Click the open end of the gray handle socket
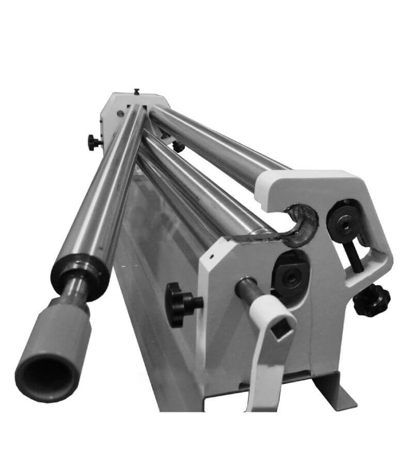click(x=44, y=374)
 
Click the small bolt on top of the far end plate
click(x=136, y=91)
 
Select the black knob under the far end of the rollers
click(x=178, y=146)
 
